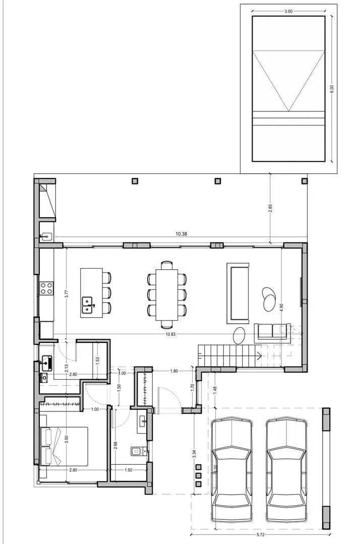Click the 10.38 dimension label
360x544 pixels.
click(181, 234)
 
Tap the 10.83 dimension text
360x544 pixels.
click(170, 334)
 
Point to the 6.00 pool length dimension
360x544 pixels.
click(332, 89)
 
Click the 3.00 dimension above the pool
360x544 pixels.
click(288, 11)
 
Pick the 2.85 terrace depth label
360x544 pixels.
click(271, 208)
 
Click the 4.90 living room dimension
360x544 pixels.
click(282, 308)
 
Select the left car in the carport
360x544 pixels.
click(231, 470)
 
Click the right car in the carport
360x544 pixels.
click(287, 470)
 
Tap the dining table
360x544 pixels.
click(167, 294)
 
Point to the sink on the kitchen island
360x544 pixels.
click(87, 305)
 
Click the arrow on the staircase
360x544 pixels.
click(259, 355)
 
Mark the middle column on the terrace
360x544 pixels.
click(218, 181)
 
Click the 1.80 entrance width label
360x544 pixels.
click(174, 371)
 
